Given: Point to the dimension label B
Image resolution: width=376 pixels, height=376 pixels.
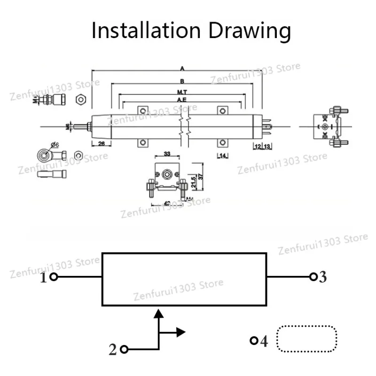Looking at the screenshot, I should (182, 81).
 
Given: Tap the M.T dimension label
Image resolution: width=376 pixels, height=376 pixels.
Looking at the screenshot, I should (182, 92).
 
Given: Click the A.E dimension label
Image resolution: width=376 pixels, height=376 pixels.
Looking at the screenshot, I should (182, 100).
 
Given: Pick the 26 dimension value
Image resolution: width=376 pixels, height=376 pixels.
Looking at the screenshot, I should (101, 144).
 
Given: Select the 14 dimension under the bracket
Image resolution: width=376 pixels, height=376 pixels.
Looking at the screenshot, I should (222, 156).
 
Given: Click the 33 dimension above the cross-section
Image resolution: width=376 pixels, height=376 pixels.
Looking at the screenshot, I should (167, 154).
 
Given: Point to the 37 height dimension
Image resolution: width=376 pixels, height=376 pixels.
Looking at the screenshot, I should (200, 177).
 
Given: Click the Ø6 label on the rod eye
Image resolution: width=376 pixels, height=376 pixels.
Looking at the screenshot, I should (54, 145).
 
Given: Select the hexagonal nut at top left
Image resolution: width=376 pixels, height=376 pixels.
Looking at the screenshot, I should (80, 100).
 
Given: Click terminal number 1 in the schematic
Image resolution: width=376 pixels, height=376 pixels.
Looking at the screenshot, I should (43, 278).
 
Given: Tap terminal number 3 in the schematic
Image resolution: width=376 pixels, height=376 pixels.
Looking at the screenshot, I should (322, 277).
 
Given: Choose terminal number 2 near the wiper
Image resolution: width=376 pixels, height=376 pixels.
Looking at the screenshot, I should (112, 350).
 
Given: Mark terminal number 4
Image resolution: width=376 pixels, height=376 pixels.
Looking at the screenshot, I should (264, 341).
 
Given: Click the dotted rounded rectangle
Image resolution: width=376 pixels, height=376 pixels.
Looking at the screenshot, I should (307, 338).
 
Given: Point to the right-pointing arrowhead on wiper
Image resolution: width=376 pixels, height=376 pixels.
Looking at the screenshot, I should (181, 332).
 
